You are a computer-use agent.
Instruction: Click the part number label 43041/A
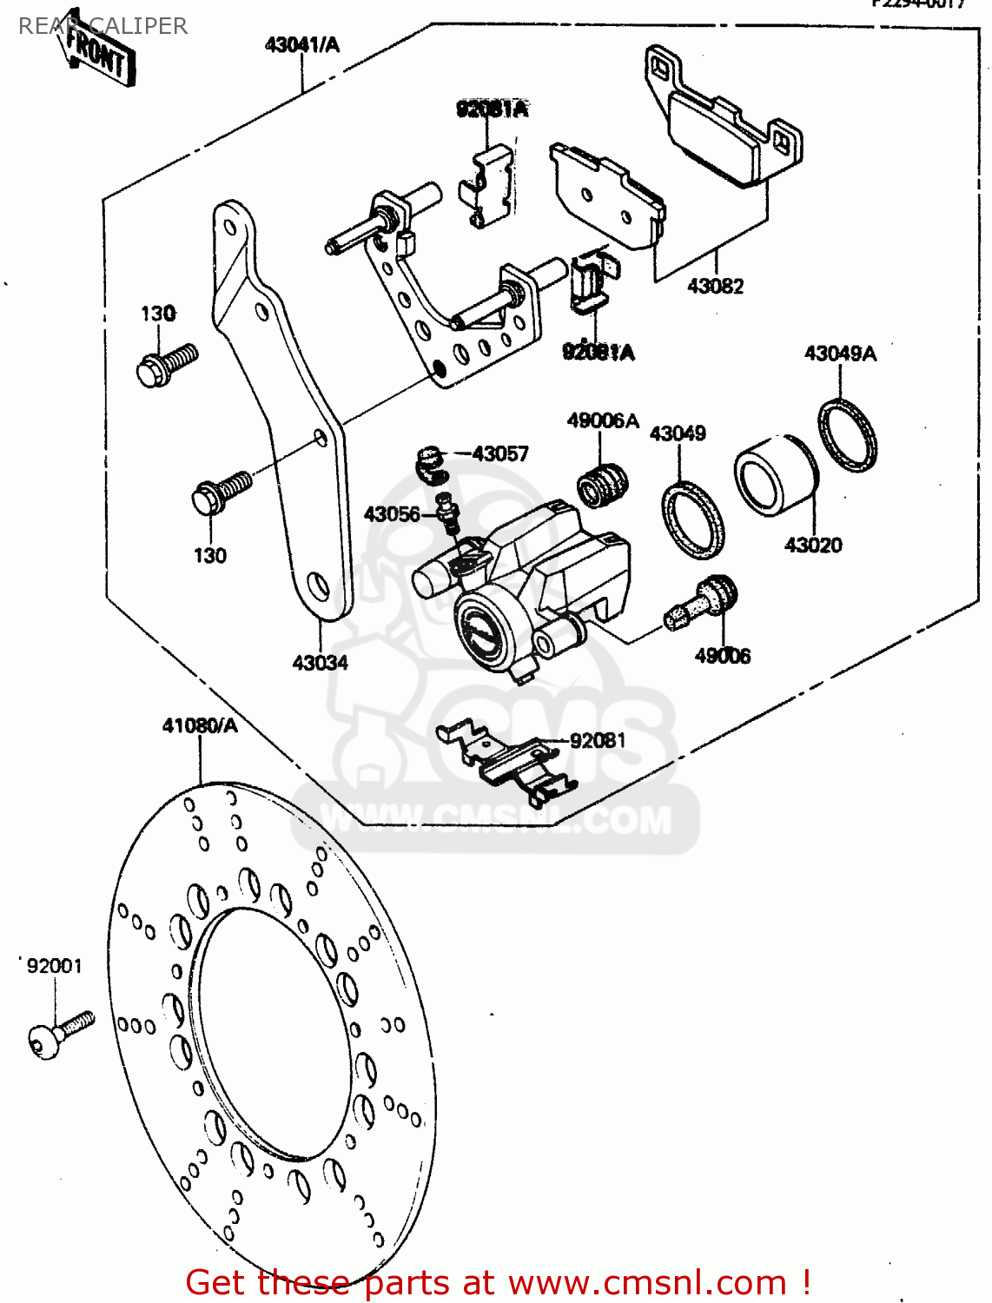point(301,44)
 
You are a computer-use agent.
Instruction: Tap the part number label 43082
point(715,286)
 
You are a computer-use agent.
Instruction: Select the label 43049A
point(839,354)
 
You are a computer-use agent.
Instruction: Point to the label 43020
point(812,545)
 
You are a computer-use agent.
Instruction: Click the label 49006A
point(602,421)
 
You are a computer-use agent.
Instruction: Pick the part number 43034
point(320,663)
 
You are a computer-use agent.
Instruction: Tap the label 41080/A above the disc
point(200,725)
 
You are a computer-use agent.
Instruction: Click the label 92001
point(54,966)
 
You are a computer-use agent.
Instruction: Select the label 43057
point(500,453)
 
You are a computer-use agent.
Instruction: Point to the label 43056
point(392,514)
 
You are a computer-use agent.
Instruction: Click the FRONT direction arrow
point(96,54)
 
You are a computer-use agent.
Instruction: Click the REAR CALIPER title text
point(103,26)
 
